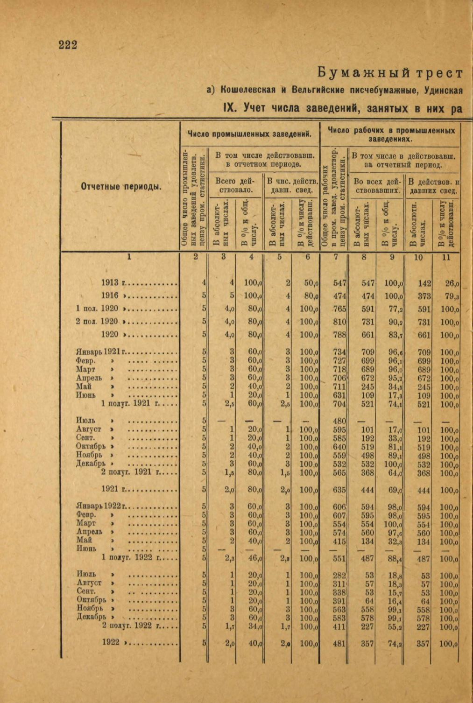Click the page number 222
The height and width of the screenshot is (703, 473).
pos(68,45)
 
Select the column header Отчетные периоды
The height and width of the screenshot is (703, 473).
pos(121,187)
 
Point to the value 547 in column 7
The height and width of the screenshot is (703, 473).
pos(339,283)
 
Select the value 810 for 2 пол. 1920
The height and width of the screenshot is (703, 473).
pos(339,322)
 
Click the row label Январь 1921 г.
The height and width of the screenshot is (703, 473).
pos(101,352)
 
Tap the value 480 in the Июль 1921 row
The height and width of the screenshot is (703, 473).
pos(339,421)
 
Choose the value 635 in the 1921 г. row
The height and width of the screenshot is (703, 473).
pos(339,490)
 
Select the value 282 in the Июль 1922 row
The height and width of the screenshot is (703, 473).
pos(339,575)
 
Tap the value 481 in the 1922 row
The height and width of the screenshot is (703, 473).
pos(339,643)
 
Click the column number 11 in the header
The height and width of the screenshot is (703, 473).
pos(446,256)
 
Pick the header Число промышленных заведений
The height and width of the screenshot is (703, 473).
pos(249,134)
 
